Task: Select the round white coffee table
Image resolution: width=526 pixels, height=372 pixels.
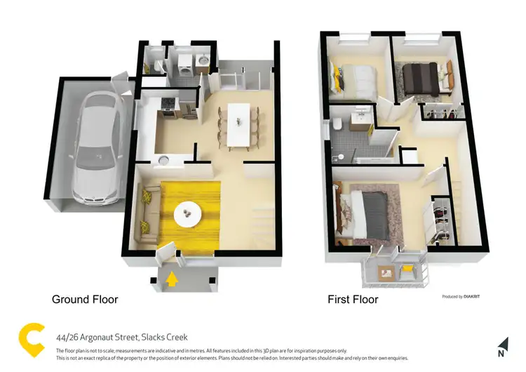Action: click(x=189, y=211)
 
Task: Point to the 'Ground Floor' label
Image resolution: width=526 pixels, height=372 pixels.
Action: click(x=85, y=300)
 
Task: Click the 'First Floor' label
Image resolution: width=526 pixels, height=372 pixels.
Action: click(x=353, y=300)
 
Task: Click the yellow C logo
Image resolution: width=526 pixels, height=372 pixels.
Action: click(x=31, y=339)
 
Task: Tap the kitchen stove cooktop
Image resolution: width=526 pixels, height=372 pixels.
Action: click(x=168, y=106)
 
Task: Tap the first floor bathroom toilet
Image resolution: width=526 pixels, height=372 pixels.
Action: click(x=337, y=124)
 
